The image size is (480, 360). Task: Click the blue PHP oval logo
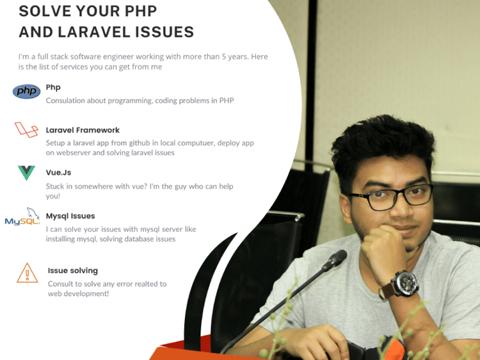[x=26, y=92]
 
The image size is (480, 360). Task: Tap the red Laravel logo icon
[x=26, y=130]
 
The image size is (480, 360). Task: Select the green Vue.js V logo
[x=26, y=172]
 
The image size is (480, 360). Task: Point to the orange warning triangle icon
[x=27, y=273]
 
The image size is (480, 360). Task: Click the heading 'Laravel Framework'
[x=83, y=130]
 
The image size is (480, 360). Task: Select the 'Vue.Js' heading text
[x=58, y=173]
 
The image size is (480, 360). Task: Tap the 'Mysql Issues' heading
[x=70, y=216]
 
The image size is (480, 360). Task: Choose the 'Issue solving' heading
[x=73, y=271]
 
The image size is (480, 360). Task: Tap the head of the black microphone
[x=335, y=259]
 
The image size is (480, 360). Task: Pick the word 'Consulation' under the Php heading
[x=67, y=101]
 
